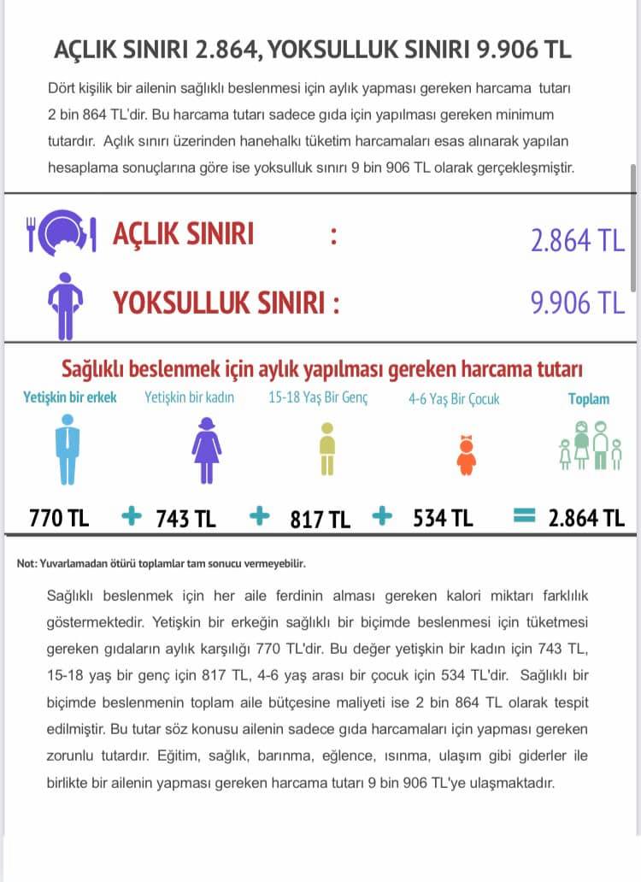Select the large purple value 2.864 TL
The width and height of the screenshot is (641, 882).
point(578,240)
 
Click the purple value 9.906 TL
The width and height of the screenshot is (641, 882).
point(578,303)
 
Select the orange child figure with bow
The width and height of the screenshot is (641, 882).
point(466,456)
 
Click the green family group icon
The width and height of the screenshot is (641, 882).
point(589,445)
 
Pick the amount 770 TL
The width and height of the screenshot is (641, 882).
point(59,518)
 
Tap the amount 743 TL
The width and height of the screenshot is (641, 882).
point(185,519)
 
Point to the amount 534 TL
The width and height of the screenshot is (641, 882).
point(443,519)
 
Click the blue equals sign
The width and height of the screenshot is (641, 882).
point(524,515)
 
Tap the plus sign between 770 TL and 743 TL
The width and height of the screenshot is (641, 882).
point(131,516)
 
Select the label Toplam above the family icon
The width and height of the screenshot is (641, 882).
point(589,398)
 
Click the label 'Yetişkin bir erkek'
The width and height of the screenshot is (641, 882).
point(70,397)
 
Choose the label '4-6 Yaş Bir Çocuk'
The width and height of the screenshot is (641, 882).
point(454,399)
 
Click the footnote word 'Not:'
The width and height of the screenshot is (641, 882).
point(28,564)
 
